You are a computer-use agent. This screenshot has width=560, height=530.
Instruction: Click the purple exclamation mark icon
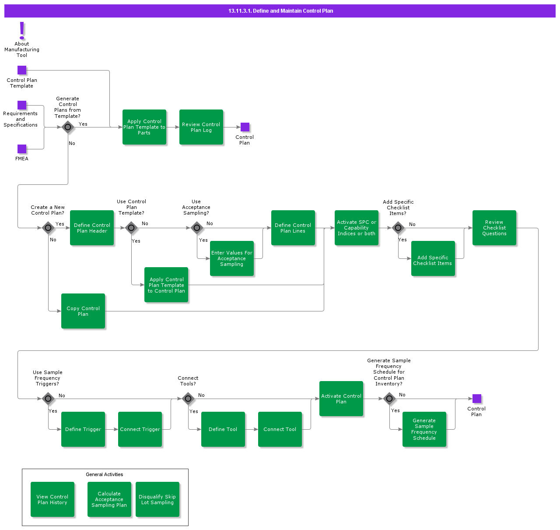pyautogui.click(x=22, y=31)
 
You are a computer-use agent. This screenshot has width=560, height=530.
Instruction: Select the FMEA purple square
pyautogui.click(x=22, y=149)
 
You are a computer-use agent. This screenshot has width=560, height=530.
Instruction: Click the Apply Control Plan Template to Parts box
pyautogui.click(x=144, y=127)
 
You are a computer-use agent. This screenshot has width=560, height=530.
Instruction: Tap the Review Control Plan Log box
pyautogui.click(x=201, y=127)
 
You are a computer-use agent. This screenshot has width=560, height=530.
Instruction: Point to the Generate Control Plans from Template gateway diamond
pyautogui.click(x=68, y=127)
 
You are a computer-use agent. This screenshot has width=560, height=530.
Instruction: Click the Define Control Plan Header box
pyautogui.click(x=92, y=228)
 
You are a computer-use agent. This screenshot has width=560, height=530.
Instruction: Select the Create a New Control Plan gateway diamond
pyautogui.click(x=48, y=228)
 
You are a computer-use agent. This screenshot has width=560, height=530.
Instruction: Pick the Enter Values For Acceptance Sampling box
pyautogui.click(x=232, y=258)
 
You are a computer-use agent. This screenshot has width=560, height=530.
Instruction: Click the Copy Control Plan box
pyautogui.click(x=83, y=311)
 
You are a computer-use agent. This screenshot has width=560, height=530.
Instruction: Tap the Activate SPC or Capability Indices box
pyautogui.click(x=357, y=228)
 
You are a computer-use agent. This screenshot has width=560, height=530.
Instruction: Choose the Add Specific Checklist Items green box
pyautogui.click(x=433, y=258)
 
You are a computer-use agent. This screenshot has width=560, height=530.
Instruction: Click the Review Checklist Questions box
pyautogui.click(x=494, y=228)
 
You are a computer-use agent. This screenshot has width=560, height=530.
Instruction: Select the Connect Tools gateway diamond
pyautogui.click(x=188, y=399)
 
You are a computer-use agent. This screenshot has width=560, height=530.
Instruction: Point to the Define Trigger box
pyautogui.click(x=83, y=429)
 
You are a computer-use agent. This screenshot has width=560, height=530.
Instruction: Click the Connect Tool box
pyautogui.click(x=280, y=429)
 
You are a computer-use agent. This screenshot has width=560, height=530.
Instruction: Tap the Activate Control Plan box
pyautogui.click(x=341, y=399)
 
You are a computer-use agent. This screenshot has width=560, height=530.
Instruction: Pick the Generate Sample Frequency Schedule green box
pyautogui.click(x=424, y=429)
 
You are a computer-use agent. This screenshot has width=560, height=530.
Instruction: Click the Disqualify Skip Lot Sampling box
pyautogui.click(x=157, y=499)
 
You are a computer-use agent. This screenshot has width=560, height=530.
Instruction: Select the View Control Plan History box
pyautogui.click(x=52, y=499)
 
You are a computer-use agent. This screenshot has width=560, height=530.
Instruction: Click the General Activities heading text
pyautogui.click(x=105, y=474)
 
